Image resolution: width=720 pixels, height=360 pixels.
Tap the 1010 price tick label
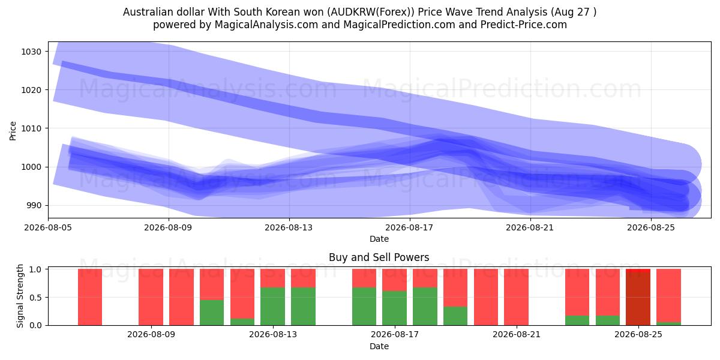[31, 128]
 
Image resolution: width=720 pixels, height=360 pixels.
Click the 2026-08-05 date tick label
[48, 227]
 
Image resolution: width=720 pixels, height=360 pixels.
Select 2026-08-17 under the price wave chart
[410, 227]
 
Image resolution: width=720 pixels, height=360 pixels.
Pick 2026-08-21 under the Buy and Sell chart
[517, 335]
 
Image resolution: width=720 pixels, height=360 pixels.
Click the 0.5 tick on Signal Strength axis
[35, 298]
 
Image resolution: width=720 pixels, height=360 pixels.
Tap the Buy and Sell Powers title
[379, 257]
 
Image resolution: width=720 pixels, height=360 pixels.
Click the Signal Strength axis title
[20, 296]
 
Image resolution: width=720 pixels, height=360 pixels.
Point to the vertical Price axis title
[13, 131]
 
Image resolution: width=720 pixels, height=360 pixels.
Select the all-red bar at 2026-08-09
[151, 297]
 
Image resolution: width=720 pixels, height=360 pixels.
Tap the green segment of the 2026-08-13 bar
[272, 307]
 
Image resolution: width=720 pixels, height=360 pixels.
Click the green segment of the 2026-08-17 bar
[394, 308]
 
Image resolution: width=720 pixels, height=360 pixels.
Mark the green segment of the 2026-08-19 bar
[455, 316]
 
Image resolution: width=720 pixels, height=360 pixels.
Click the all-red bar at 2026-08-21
[516, 297]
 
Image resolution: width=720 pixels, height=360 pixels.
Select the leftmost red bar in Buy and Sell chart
[90, 297]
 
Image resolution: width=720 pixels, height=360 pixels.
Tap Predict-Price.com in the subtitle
[524, 25]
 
